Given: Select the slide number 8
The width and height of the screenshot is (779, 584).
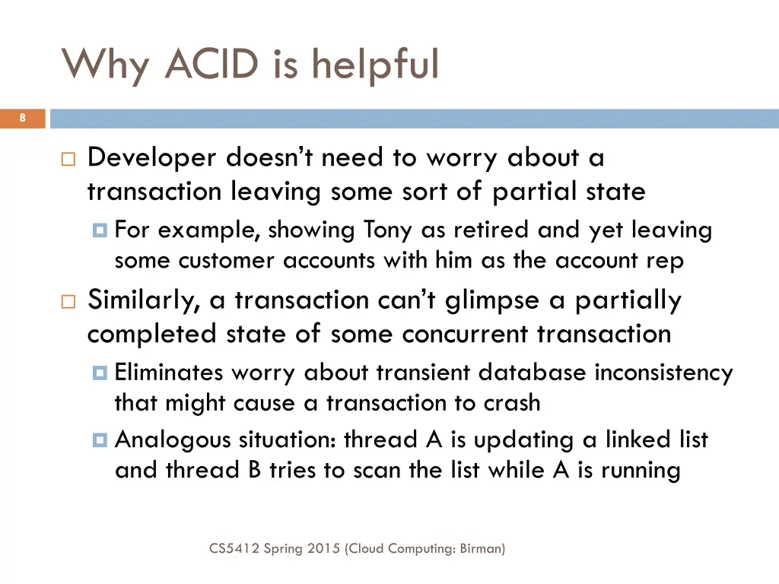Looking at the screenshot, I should click(x=23, y=118).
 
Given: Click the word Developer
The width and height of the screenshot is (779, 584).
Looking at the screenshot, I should click(x=152, y=158).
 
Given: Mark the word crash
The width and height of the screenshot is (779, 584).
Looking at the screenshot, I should click(x=512, y=403).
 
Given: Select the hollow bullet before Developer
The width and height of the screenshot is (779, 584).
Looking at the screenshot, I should click(x=68, y=160).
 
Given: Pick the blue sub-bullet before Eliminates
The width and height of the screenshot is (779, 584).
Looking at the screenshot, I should click(x=100, y=373).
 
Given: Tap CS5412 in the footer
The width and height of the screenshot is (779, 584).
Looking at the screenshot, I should click(x=234, y=547).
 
